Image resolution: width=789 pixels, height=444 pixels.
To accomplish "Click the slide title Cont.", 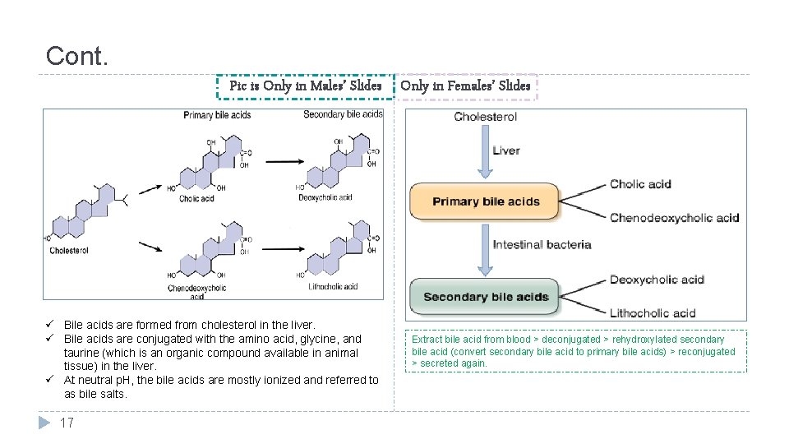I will (76, 57).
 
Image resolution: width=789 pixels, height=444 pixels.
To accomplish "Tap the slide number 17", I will (67, 423).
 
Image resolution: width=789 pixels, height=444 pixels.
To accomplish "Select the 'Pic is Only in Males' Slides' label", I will (305, 86).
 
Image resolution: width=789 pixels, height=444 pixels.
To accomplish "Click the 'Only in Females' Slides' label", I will (465, 86).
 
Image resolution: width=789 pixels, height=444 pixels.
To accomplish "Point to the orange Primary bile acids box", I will (485, 201).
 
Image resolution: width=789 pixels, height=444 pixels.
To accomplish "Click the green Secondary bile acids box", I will (485, 297).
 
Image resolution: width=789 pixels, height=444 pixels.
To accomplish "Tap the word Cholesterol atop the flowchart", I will (485, 117).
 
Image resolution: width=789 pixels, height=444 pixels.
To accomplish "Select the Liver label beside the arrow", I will (506, 150).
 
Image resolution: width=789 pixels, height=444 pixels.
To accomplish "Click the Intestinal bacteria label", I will (542, 244).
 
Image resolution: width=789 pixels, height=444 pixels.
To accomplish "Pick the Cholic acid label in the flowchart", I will (640, 184).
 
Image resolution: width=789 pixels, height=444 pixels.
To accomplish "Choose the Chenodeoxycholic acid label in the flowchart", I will (674, 218).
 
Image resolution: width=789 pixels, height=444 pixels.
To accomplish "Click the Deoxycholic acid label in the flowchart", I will (657, 280).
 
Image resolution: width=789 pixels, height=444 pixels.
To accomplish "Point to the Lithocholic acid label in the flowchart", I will (653, 312).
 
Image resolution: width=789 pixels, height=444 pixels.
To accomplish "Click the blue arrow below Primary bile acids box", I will (485, 251).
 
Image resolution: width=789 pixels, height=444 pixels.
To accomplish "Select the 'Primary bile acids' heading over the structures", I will (217, 115).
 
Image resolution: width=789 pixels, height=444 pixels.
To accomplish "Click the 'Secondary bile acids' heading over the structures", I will (343, 114).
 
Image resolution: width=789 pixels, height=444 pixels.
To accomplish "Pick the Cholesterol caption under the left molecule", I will (69, 251).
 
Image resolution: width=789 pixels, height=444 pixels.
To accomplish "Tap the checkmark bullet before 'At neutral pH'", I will (51, 380).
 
